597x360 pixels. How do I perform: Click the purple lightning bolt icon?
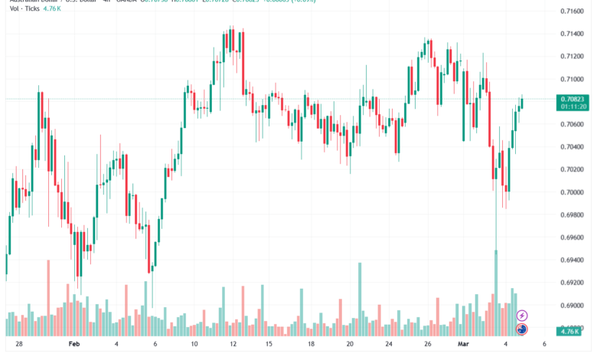522,316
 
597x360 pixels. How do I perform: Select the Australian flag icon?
522,329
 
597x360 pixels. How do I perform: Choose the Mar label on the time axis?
464,345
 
